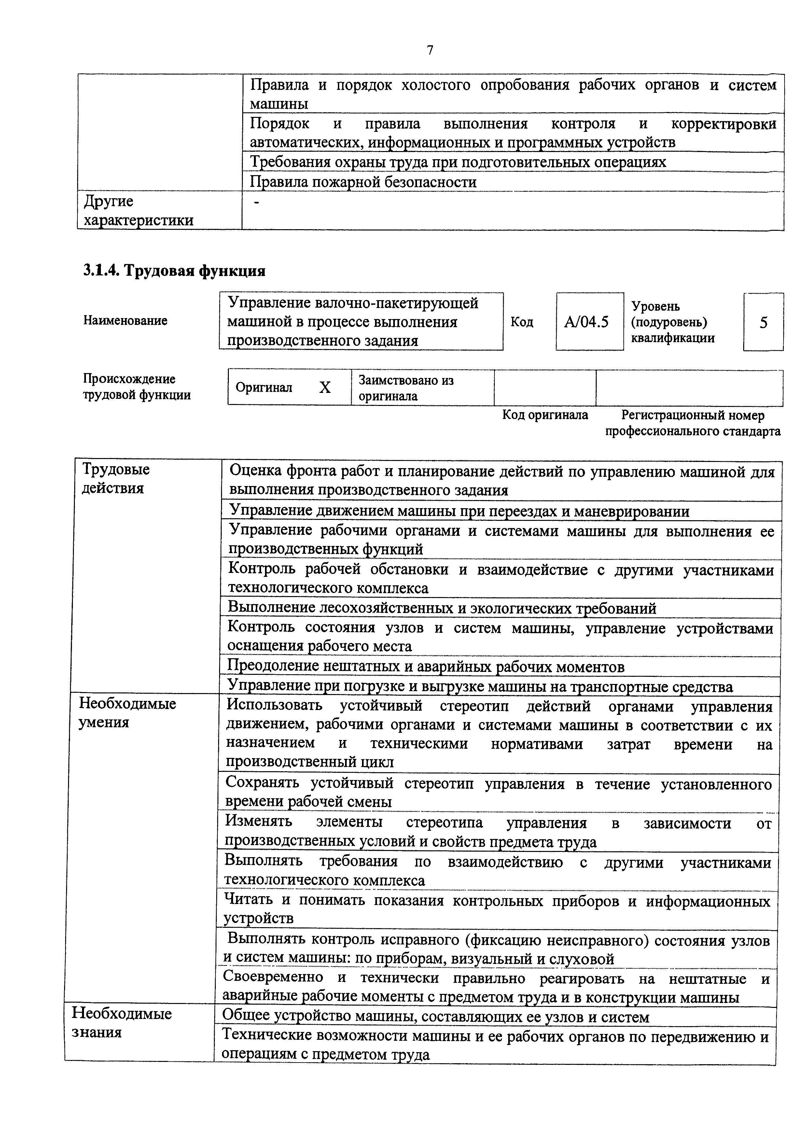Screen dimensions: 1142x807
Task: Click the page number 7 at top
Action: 430,50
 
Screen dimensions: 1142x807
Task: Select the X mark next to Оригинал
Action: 325,387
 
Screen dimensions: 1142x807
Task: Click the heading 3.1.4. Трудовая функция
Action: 174,271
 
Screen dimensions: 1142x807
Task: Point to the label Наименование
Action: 125,320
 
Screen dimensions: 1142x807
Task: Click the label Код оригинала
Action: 545,415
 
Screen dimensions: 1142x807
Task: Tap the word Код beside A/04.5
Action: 522,322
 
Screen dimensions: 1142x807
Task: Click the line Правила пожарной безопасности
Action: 363,182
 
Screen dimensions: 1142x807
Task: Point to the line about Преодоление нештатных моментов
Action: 425,666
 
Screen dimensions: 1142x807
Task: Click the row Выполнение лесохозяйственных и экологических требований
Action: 441,608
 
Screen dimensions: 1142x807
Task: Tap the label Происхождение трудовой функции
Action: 136,387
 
